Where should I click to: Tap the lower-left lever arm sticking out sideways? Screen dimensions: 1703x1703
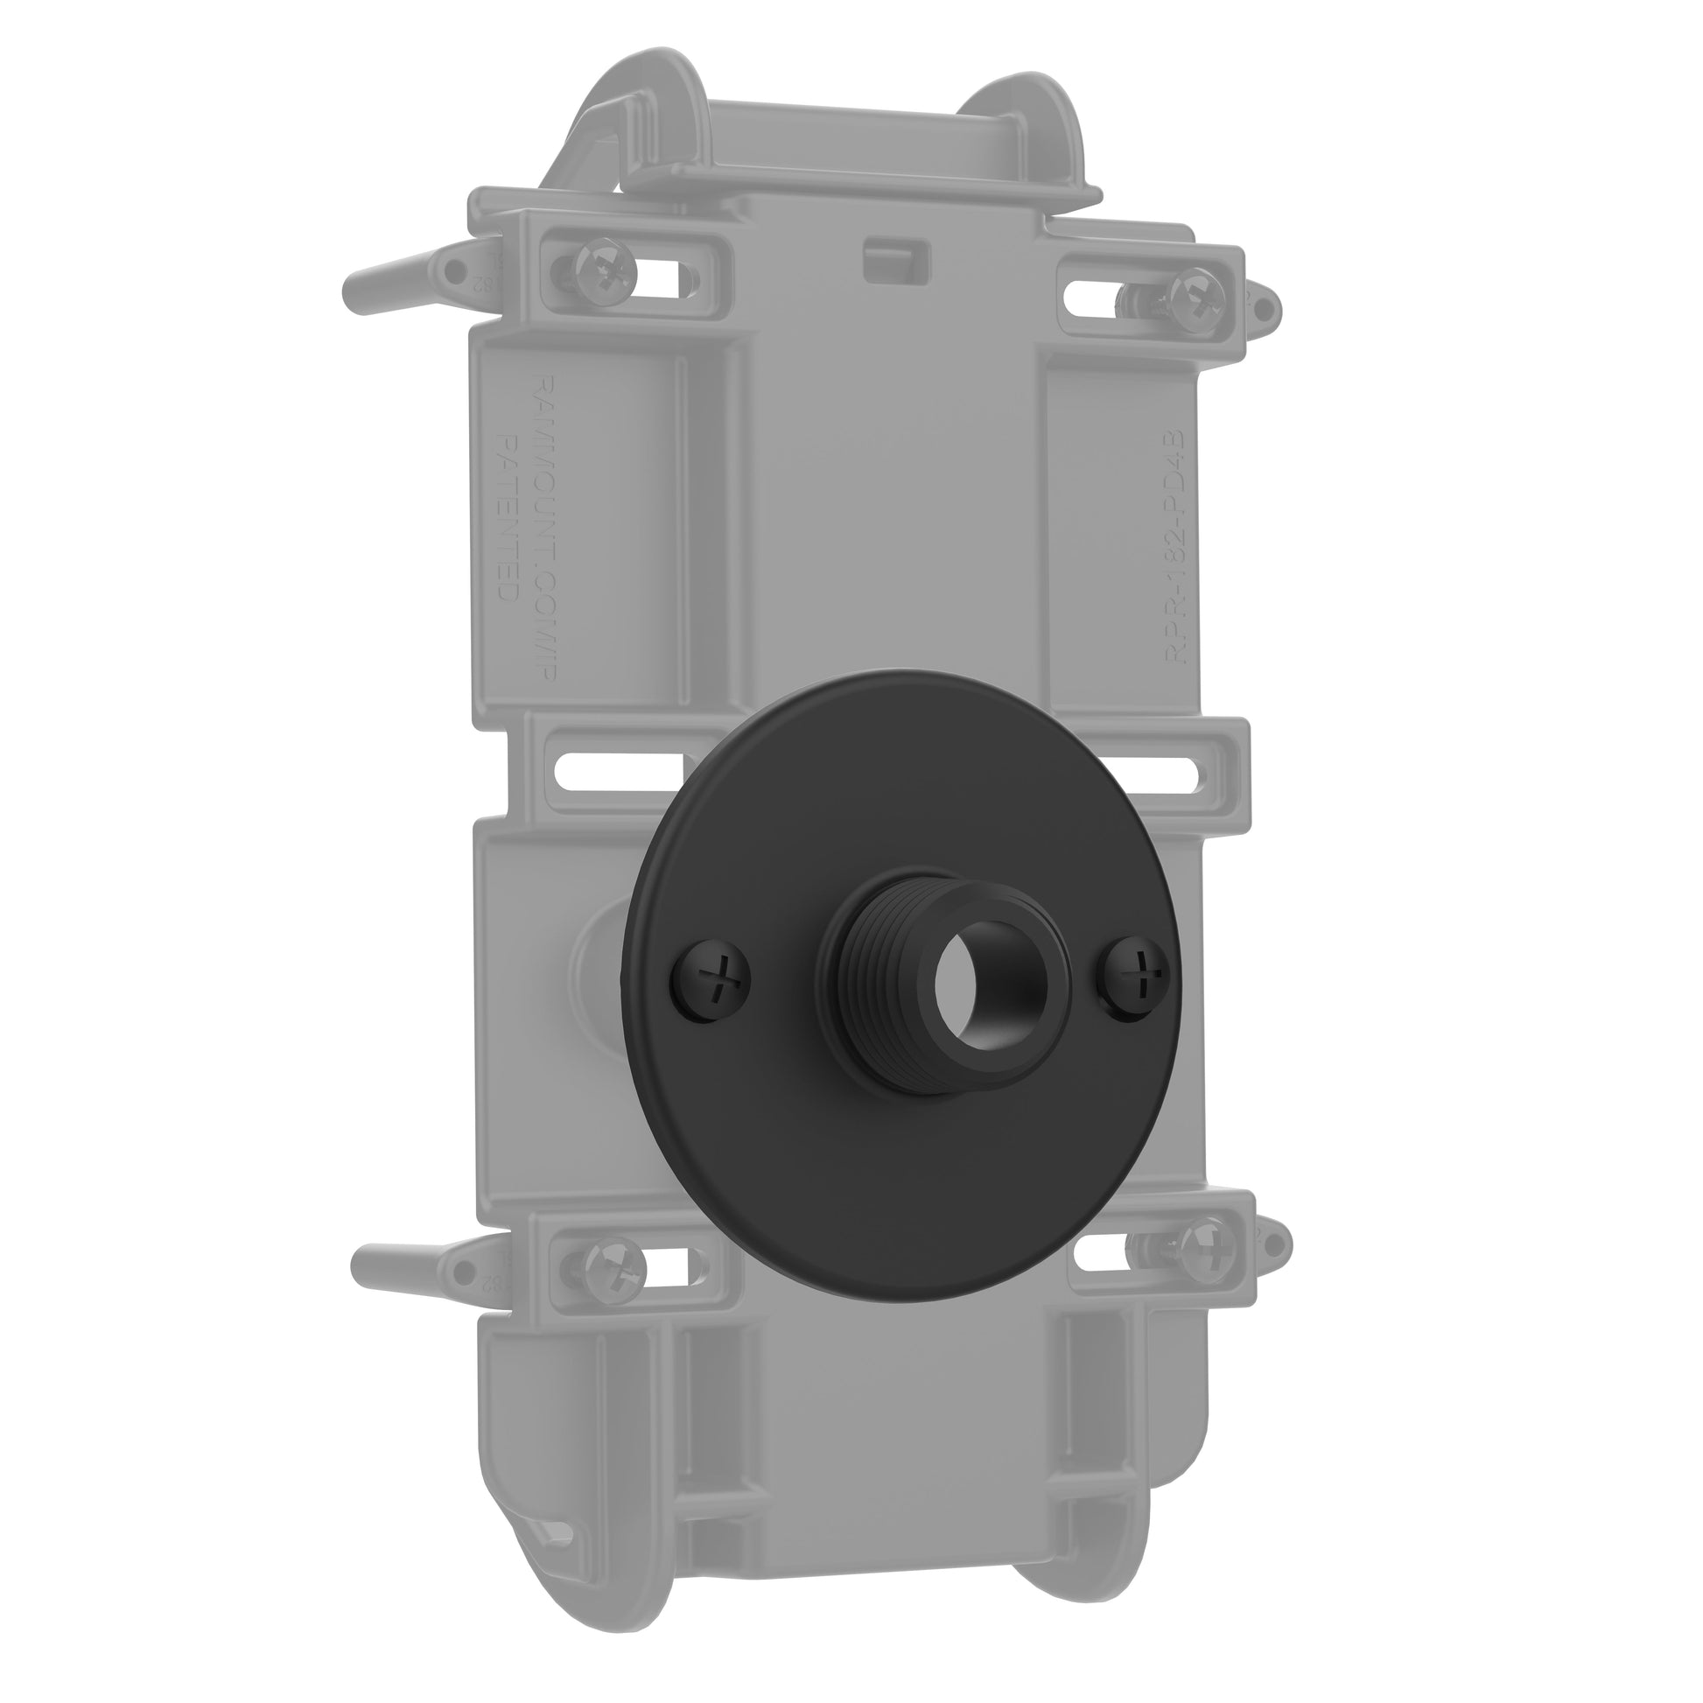pos(401,1258)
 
